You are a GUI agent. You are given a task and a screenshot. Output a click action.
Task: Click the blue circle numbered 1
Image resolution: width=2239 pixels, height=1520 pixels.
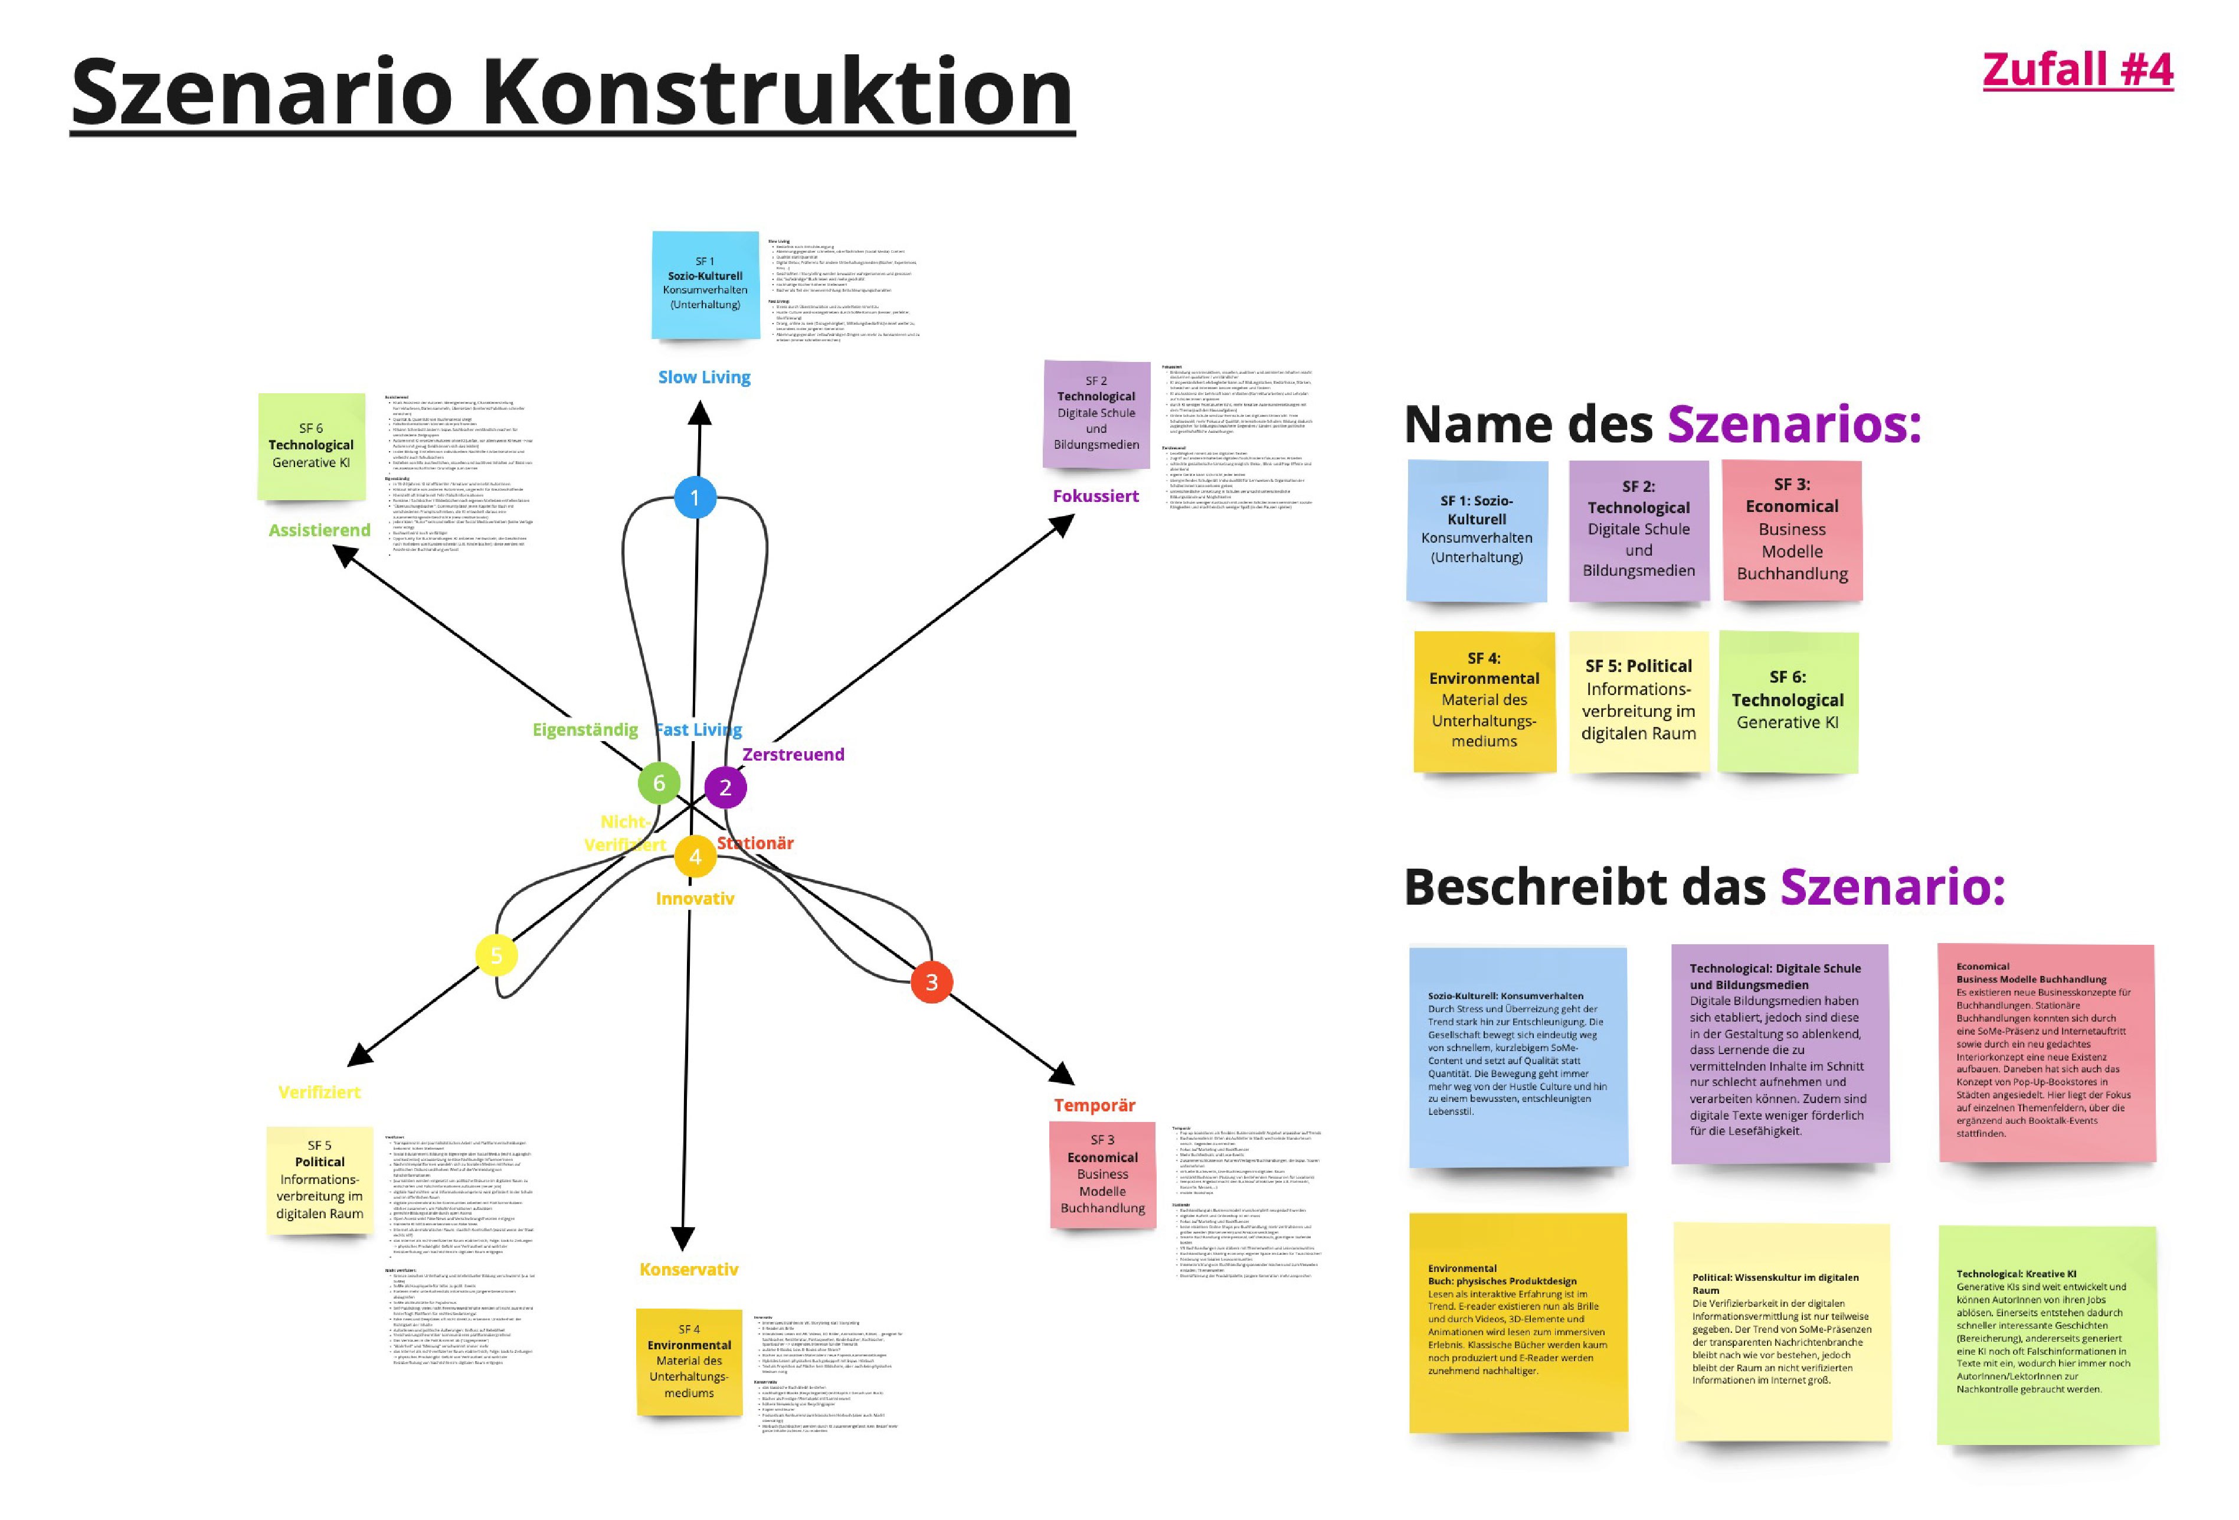point(695,497)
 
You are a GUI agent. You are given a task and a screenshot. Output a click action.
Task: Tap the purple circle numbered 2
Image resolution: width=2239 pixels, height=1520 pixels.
point(725,787)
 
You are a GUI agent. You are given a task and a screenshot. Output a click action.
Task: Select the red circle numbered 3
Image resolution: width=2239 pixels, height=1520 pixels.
point(931,981)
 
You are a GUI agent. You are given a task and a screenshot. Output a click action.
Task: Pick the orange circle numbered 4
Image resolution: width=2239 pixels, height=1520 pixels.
point(695,856)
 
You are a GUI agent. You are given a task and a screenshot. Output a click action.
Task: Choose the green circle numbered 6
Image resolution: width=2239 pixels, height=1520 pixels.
point(659,782)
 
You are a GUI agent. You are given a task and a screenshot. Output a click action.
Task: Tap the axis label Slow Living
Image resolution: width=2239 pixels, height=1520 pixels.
point(703,377)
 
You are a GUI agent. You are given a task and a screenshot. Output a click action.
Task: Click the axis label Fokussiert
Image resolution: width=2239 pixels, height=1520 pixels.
point(1095,495)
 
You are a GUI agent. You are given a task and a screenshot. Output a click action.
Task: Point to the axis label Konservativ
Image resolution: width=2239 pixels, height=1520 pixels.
point(689,1268)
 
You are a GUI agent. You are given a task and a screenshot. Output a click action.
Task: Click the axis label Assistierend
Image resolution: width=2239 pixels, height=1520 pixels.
point(319,529)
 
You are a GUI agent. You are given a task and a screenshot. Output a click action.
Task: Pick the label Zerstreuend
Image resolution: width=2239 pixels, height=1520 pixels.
point(793,754)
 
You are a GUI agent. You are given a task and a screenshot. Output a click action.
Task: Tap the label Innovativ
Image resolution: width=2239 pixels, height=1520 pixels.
point(695,898)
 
